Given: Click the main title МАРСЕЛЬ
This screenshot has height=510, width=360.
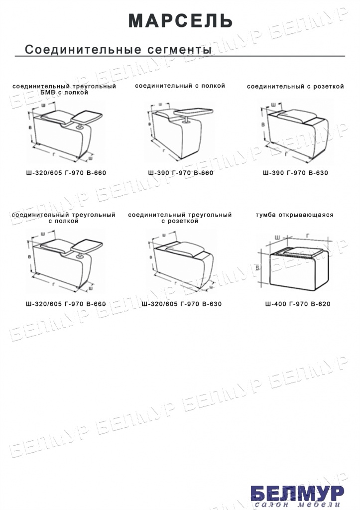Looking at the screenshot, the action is [180, 21].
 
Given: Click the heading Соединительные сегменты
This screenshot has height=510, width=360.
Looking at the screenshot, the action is [118, 49].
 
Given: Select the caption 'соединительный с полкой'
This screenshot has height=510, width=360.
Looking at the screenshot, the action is [180, 86].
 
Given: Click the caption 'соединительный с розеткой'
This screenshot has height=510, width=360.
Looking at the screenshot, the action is [295, 87].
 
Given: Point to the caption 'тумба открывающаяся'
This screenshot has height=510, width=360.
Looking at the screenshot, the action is [294, 215].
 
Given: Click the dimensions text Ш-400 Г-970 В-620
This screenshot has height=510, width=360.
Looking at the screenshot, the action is [298, 304].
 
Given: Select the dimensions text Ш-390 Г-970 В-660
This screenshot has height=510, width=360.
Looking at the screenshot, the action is [180, 173].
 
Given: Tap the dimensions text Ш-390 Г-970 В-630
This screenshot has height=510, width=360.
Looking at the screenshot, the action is [295, 173].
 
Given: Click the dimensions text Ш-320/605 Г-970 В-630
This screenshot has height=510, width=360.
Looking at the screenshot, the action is [181, 304].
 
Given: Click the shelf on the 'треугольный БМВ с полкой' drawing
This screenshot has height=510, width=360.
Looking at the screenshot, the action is [87, 118].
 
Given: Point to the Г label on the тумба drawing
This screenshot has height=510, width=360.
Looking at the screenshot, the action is [308, 236].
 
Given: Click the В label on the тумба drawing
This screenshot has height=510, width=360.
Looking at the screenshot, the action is [257, 267].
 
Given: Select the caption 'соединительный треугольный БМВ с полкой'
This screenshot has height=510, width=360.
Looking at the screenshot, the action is [64, 90].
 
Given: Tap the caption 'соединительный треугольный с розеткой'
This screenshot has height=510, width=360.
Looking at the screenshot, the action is [180, 218].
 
